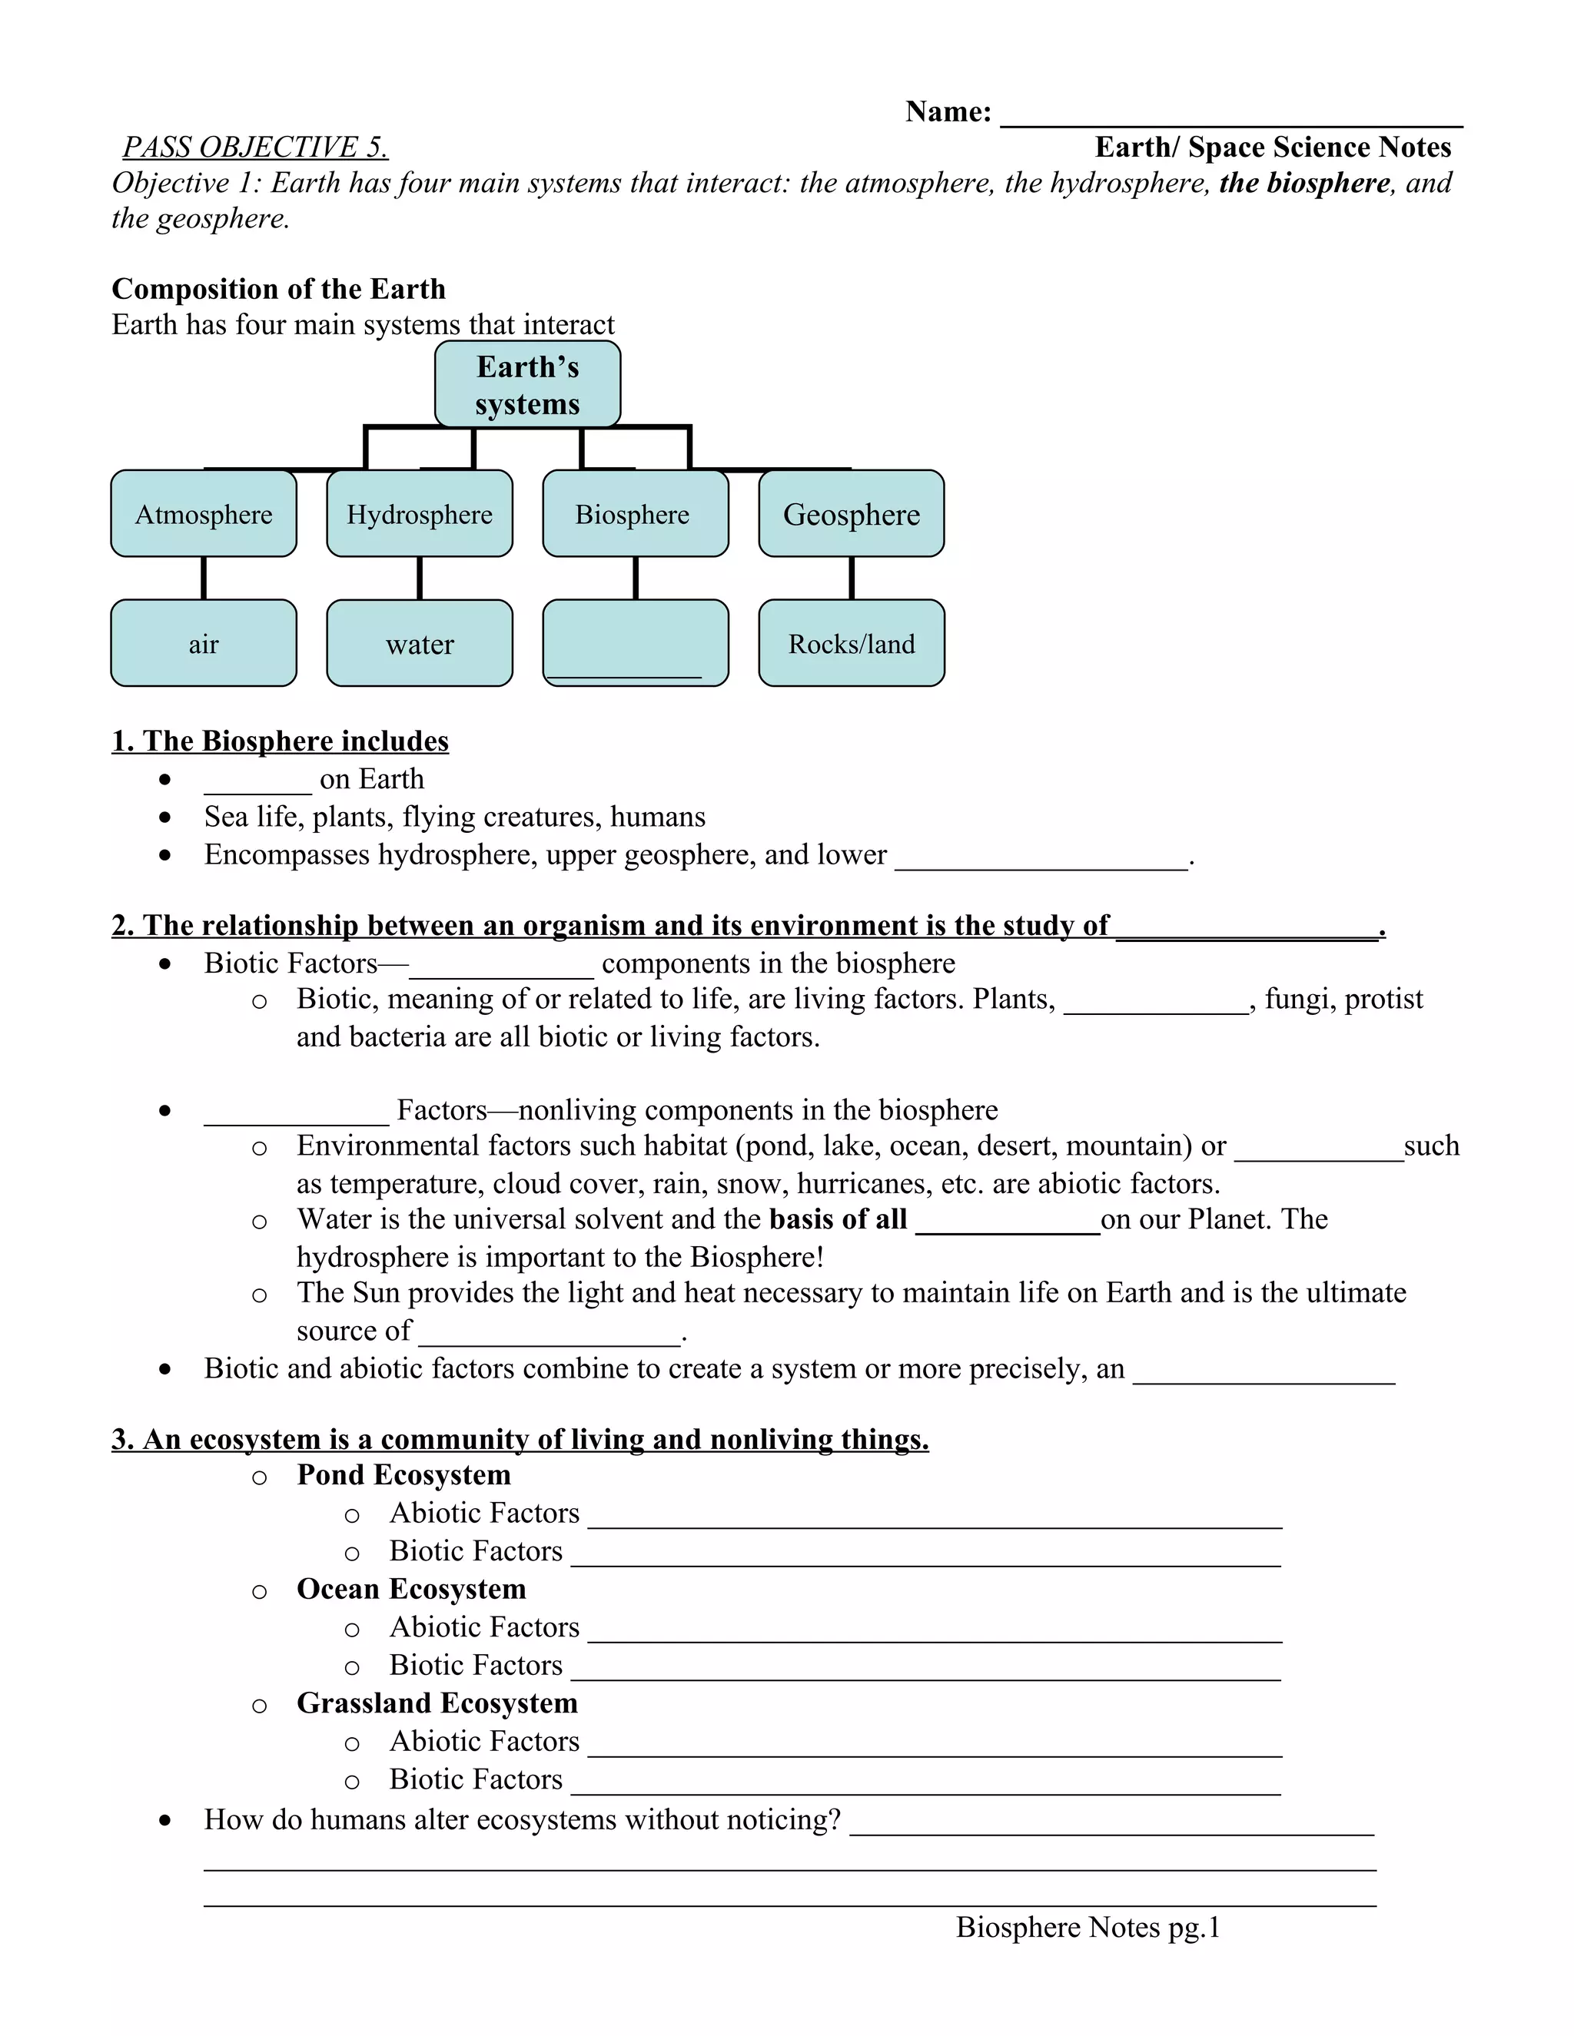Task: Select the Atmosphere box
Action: pos(203,514)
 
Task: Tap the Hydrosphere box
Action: pos(420,514)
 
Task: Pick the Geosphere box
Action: pos(852,514)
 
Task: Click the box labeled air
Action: pos(203,643)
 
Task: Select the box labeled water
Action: pos(420,643)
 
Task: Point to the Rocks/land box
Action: pos(852,643)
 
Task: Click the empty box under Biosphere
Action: pos(635,643)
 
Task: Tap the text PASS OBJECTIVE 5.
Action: pos(255,148)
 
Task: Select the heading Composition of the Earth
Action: pos(278,289)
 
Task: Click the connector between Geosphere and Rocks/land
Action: pos(852,578)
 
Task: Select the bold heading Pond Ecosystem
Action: pos(403,1475)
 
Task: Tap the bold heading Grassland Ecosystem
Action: pos(437,1703)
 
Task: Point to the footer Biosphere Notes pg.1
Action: pos(1088,1927)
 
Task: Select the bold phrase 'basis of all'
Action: pos(838,1219)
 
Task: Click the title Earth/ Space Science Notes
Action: pos(1272,148)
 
